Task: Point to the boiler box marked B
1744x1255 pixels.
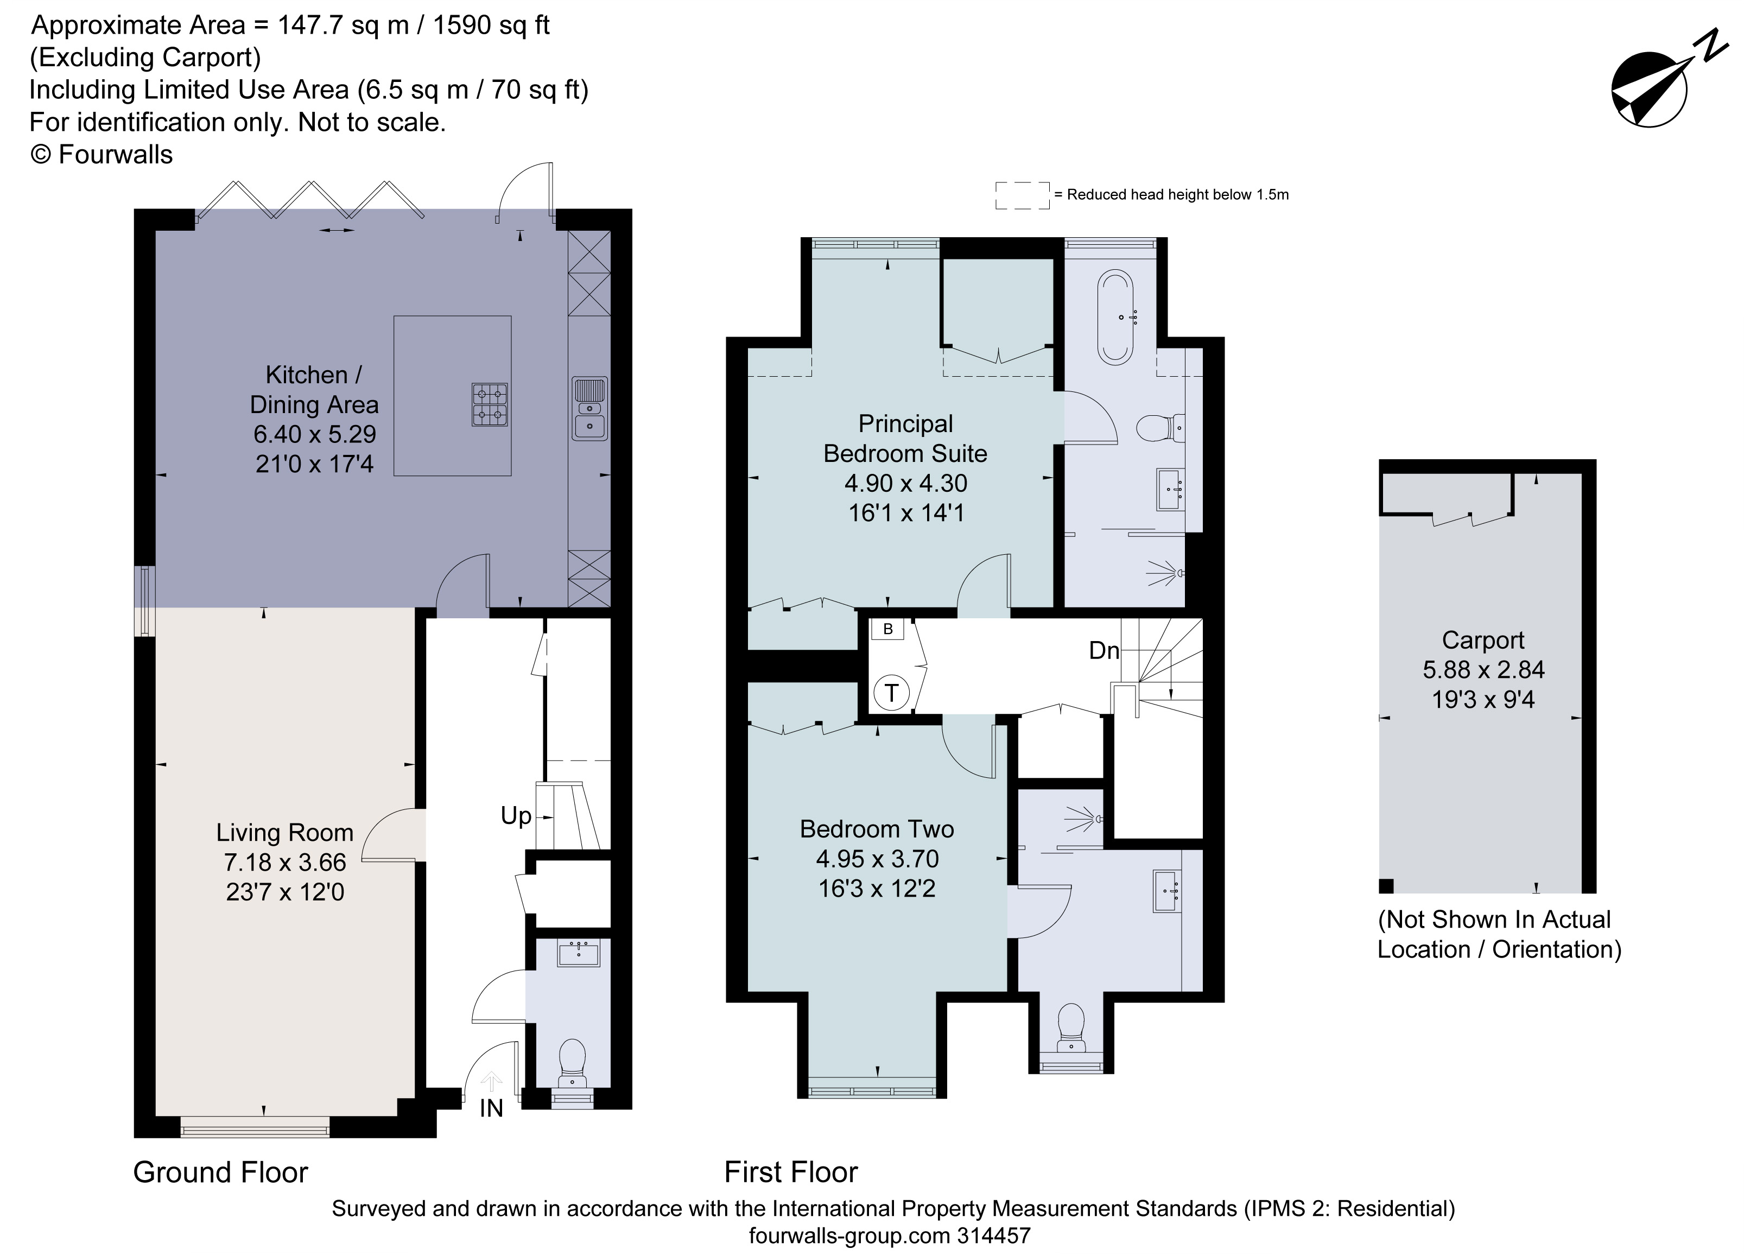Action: [x=887, y=629]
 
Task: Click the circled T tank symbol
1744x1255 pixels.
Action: [x=891, y=693]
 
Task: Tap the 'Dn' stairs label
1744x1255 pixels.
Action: [x=1104, y=650]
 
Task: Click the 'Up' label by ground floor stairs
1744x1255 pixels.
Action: [x=516, y=815]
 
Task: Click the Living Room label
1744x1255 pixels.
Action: [x=284, y=832]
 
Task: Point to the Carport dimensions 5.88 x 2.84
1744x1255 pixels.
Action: [x=1483, y=670]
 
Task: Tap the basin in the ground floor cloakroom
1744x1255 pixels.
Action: [x=578, y=954]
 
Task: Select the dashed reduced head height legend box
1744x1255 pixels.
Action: [x=1022, y=195]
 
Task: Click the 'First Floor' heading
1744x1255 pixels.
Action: [x=790, y=1172]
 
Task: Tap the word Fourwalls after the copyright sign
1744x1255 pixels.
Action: [x=115, y=155]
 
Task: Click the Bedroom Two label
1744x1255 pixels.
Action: [x=877, y=829]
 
